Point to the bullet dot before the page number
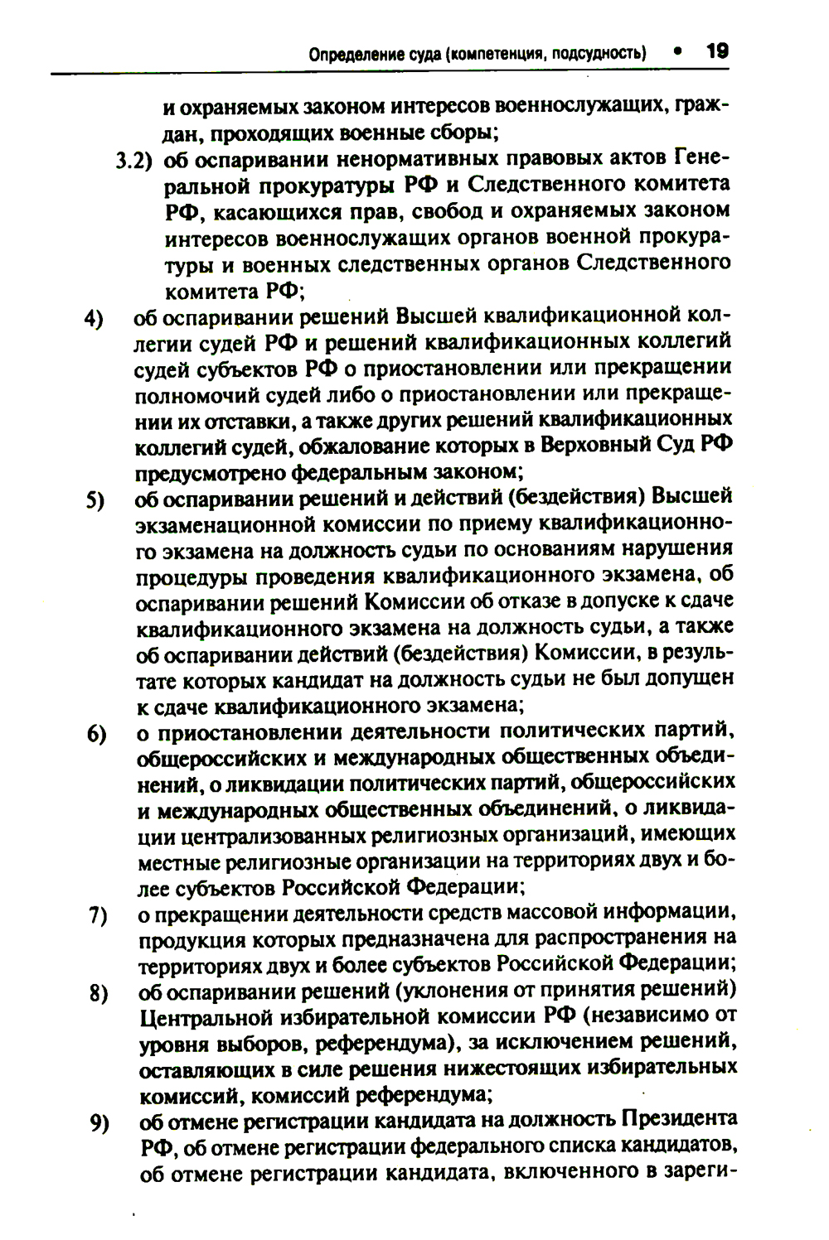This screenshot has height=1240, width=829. [677, 51]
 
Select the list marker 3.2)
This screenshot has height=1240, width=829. [135, 160]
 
